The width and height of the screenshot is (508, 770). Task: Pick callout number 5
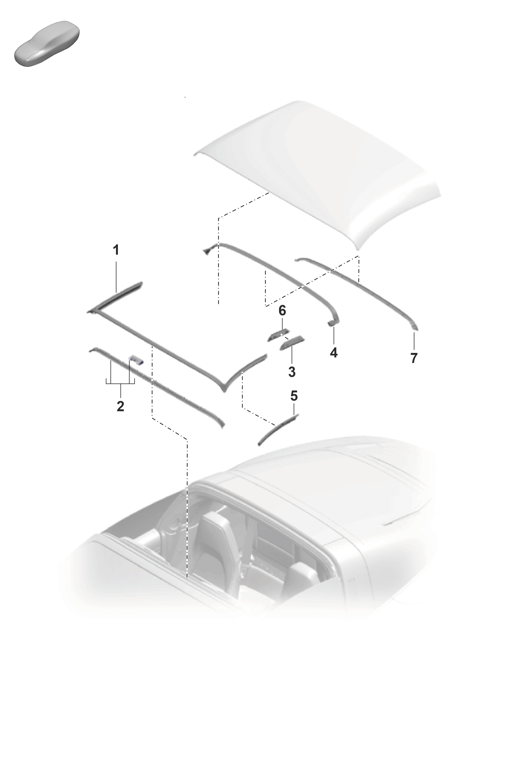pyautogui.click(x=294, y=396)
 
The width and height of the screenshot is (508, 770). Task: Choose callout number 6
pyautogui.click(x=282, y=311)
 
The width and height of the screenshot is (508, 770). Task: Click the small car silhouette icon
pyautogui.click(x=47, y=44)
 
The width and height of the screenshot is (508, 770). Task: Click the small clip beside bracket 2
pyautogui.click(x=136, y=359)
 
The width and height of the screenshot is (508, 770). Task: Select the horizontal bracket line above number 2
pyautogui.click(x=120, y=384)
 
